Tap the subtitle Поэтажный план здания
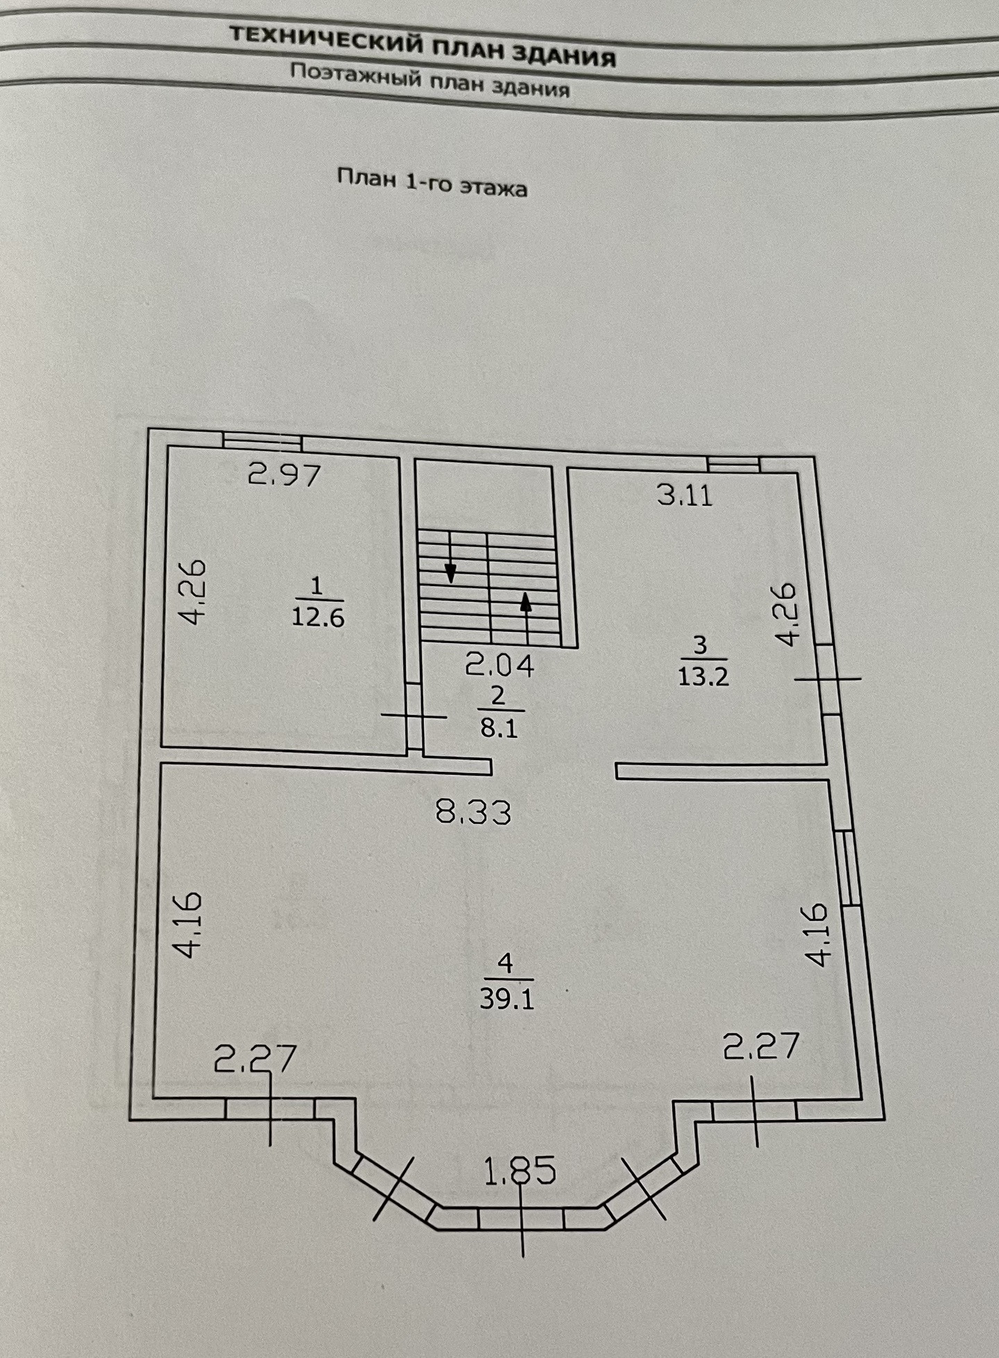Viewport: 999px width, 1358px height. click(x=430, y=80)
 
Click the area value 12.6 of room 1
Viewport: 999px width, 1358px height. click(x=318, y=617)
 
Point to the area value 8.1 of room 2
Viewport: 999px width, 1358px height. click(x=499, y=728)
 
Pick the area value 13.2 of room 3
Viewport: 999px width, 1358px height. click(x=703, y=676)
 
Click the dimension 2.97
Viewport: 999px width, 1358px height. click(x=285, y=475)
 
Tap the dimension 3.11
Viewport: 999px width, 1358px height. click(x=685, y=496)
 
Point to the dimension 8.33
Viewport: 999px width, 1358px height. click(x=474, y=811)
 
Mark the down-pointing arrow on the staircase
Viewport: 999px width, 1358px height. click(x=451, y=572)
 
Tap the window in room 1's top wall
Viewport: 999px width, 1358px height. click(x=262, y=442)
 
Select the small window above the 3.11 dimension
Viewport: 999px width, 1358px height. click(x=733, y=464)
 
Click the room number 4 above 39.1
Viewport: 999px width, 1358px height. click(x=506, y=963)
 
